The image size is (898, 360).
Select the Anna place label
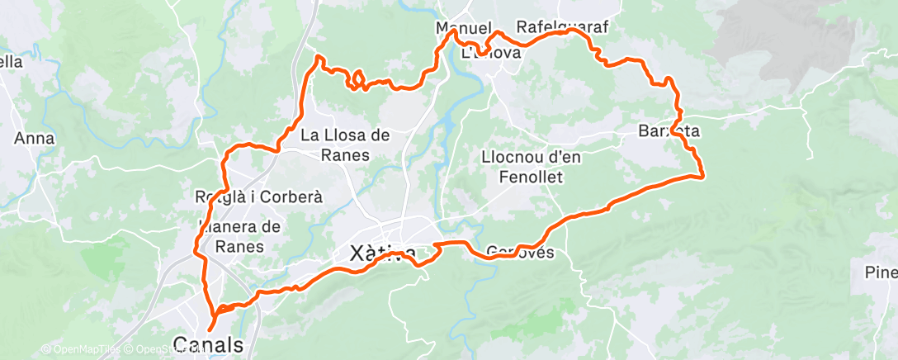coord(34,139)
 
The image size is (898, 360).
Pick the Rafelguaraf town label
coord(561,27)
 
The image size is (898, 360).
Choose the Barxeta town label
coord(669,130)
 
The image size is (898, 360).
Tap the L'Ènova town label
coord(491,53)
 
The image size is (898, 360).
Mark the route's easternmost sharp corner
coord(702,176)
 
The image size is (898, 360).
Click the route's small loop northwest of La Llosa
coord(357,80)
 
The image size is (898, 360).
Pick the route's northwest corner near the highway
coord(319,58)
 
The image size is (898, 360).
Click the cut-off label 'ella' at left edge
coord(12,61)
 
